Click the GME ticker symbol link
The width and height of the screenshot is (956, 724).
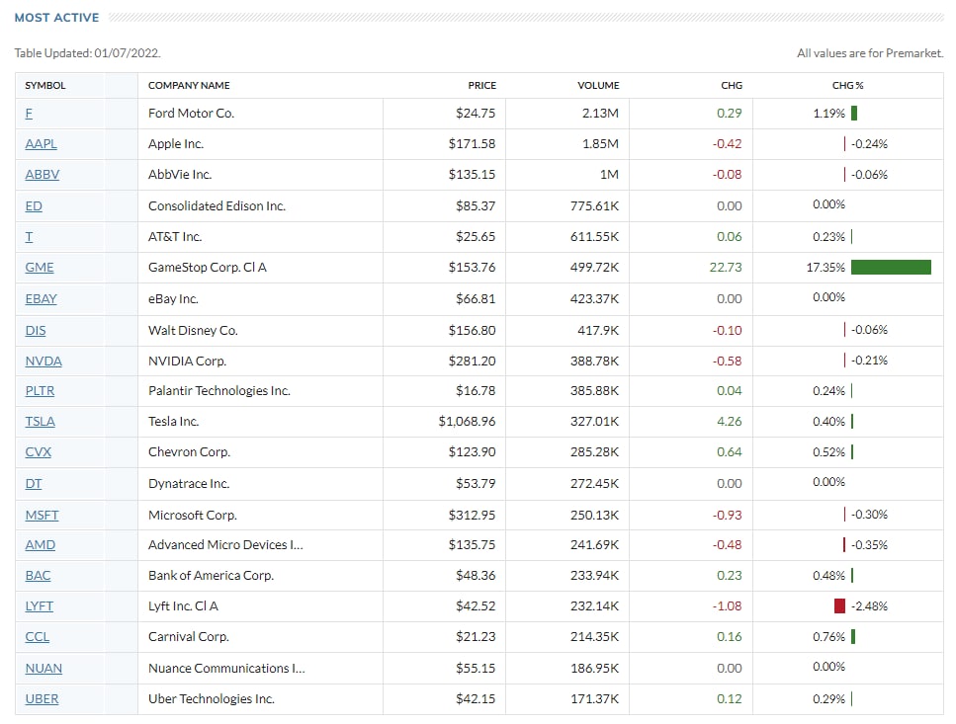click(40, 268)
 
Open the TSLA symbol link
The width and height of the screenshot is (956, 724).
click(41, 422)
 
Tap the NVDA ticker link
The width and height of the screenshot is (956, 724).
click(43, 361)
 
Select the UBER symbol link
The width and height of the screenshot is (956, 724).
click(42, 699)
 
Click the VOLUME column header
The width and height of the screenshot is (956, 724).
click(598, 85)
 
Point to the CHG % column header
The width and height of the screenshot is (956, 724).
click(847, 85)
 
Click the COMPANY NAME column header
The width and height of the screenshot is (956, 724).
click(189, 85)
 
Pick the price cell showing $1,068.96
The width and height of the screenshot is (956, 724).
click(467, 422)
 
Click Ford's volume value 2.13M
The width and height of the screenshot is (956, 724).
click(600, 114)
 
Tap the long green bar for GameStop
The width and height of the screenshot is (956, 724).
click(890, 267)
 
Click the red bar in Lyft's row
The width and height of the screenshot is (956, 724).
click(839, 605)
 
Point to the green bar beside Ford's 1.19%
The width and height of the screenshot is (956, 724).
click(853, 113)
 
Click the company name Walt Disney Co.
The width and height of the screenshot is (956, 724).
click(193, 330)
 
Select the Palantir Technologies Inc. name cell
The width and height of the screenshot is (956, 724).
click(218, 391)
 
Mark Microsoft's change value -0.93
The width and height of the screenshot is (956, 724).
click(727, 515)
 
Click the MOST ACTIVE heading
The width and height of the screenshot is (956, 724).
click(56, 18)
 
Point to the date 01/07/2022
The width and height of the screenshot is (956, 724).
click(128, 53)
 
